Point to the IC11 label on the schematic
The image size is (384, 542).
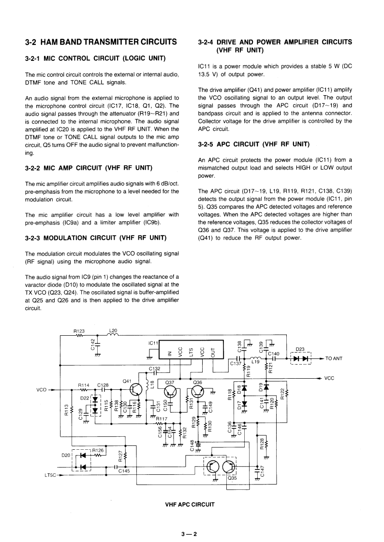153,342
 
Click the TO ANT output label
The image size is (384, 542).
334,358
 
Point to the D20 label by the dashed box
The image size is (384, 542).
66,455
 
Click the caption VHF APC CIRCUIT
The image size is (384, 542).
190,504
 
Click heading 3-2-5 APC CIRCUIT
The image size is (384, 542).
254,143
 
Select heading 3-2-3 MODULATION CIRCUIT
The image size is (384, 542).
95,238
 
